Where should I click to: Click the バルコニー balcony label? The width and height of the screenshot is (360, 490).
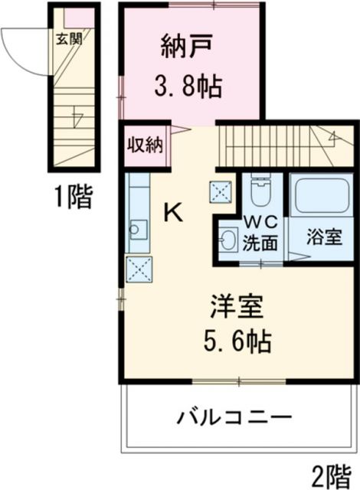[x=234, y=418]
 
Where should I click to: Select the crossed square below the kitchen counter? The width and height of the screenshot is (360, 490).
[x=140, y=269]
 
